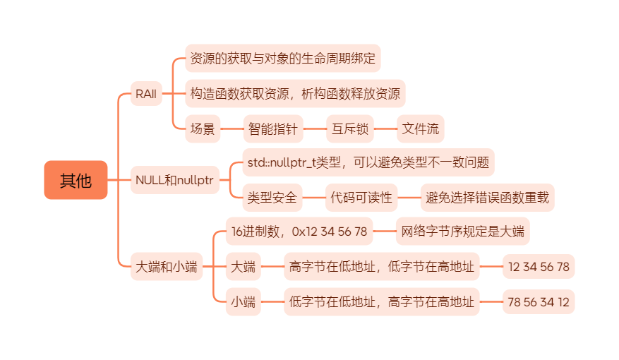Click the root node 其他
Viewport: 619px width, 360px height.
click(x=76, y=180)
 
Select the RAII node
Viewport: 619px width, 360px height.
click(x=146, y=93)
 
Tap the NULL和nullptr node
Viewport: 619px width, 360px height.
click(x=174, y=180)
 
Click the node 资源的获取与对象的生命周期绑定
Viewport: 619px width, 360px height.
click(x=283, y=59)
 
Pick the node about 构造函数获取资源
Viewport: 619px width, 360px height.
click(x=295, y=93)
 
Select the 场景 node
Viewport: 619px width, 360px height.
click(x=203, y=128)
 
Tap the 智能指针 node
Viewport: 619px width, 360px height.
click(x=272, y=128)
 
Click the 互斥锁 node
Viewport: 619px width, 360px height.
click(x=349, y=128)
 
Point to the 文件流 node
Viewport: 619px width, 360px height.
click(x=420, y=128)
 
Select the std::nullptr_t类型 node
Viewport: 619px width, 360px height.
click(x=368, y=162)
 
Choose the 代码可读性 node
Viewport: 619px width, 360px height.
click(x=361, y=198)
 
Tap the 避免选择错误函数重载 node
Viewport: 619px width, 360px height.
click(x=487, y=198)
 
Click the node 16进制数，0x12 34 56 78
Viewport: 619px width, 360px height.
click(x=299, y=231)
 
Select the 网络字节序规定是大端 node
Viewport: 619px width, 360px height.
click(x=462, y=231)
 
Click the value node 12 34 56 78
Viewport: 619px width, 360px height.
click(x=539, y=267)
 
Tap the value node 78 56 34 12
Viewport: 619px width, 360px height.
click(x=539, y=302)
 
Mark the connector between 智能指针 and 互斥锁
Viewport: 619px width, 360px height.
click(x=314, y=128)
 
